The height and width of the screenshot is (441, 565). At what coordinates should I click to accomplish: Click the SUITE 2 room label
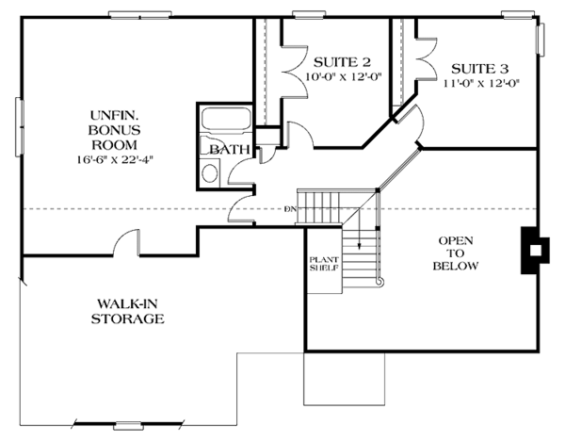pyautogui.click(x=342, y=62)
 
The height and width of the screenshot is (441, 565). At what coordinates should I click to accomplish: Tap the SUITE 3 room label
pyautogui.click(x=480, y=69)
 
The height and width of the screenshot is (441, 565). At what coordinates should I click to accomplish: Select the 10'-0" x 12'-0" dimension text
pyautogui.click(x=344, y=77)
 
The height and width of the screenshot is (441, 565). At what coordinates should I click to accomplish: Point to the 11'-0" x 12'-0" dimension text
pyautogui.click(x=481, y=84)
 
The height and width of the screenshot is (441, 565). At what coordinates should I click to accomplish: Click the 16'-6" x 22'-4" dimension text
pyautogui.click(x=115, y=159)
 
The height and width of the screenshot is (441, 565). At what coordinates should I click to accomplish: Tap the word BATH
pyautogui.click(x=230, y=149)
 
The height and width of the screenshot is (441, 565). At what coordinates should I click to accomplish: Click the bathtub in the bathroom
pyautogui.click(x=226, y=119)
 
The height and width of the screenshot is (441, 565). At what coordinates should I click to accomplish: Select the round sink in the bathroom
pyautogui.click(x=210, y=173)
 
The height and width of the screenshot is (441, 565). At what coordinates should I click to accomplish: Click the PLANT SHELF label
pyautogui.click(x=324, y=264)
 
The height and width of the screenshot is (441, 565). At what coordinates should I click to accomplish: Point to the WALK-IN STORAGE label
pyautogui.click(x=127, y=311)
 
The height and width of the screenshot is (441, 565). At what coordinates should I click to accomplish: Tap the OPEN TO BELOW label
pyautogui.click(x=456, y=253)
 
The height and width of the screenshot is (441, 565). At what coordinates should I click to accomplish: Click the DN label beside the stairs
pyautogui.click(x=290, y=209)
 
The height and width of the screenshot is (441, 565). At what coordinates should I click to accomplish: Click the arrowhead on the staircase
pyautogui.click(x=360, y=246)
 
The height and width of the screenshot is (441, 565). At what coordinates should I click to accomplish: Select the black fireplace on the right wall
pyautogui.click(x=535, y=250)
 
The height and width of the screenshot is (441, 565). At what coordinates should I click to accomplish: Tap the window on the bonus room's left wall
pyautogui.click(x=20, y=127)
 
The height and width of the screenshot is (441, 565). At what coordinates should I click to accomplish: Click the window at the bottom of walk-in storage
pyautogui.click(x=128, y=426)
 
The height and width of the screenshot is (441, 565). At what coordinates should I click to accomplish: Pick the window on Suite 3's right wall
pyautogui.click(x=541, y=39)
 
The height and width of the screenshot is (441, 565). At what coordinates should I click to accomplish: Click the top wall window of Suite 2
pyautogui.click(x=309, y=15)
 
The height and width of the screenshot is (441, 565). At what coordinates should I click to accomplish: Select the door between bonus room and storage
pyautogui.click(x=126, y=243)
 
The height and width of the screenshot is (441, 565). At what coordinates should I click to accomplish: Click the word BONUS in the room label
pyautogui.click(x=115, y=130)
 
